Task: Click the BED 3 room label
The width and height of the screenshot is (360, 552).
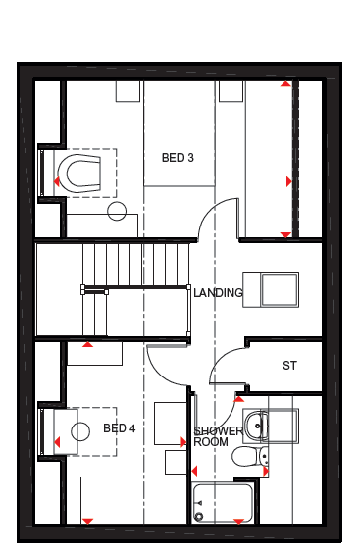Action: pyautogui.click(x=178, y=157)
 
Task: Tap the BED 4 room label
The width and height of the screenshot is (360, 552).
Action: pyautogui.click(x=120, y=428)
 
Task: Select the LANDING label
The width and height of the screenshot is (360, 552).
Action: pyautogui.click(x=218, y=292)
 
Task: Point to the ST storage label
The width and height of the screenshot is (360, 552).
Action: pyautogui.click(x=290, y=366)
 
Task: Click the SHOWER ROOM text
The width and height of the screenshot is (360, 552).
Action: pyautogui.click(x=218, y=436)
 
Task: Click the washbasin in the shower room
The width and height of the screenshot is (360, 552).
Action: pyautogui.click(x=256, y=426)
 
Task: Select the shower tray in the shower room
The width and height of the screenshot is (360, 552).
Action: pyautogui.click(x=223, y=503)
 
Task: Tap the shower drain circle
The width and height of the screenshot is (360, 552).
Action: pyautogui.click(x=200, y=517)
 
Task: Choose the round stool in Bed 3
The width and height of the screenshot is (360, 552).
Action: pyautogui.click(x=117, y=211)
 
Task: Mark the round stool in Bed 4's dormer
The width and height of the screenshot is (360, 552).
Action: pyautogui.click(x=80, y=431)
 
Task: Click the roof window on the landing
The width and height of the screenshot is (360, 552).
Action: pyautogui.click(x=271, y=289)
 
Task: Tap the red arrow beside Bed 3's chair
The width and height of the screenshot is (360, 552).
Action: pyautogui.click(x=56, y=182)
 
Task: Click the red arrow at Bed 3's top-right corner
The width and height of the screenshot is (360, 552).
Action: pyautogui.click(x=285, y=83)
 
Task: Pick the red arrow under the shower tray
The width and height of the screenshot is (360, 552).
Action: pyautogui.click(x=239, y=521)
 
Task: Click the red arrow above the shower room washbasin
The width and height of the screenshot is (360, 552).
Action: pyautogui.click(x=239, y=399)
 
